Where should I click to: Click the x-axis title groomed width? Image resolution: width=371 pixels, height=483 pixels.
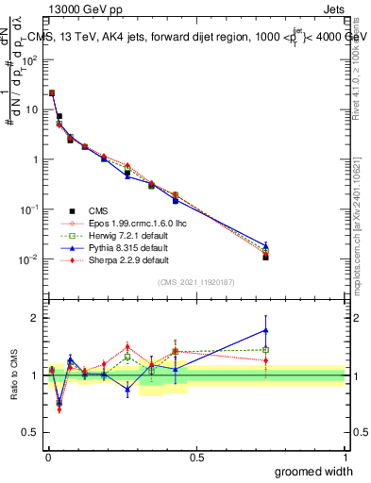(x=314, y=471)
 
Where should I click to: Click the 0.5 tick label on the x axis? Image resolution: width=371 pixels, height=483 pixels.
(x=196, y=456)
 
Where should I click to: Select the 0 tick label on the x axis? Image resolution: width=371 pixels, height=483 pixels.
(x=47, y=456)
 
